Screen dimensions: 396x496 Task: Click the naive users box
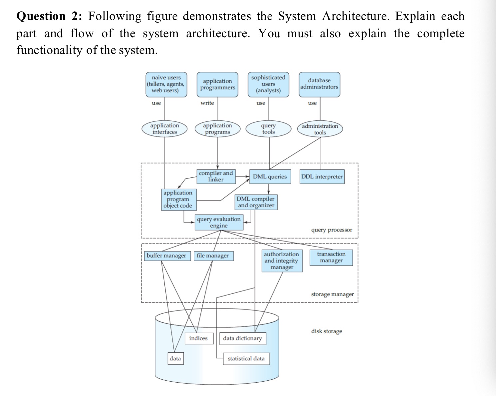[166, 84]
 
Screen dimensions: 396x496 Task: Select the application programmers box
[217, 85]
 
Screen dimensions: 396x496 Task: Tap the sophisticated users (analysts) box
[268, 84]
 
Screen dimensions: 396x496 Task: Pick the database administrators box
[319, 84]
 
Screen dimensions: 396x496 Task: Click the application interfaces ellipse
[164, 129]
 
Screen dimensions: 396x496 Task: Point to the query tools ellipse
[268, 129]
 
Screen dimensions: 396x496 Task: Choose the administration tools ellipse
[320, 129]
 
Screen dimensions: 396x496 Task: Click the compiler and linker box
[216, 176]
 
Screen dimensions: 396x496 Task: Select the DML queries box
[270, 177]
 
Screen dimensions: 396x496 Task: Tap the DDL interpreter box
[322, 177]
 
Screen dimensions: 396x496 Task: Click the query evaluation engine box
[219, 222]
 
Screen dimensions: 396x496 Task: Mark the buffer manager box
[166, 256]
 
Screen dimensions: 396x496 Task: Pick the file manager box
[213, 256]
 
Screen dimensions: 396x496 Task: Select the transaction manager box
[331, 257]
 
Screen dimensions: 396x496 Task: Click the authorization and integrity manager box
[282, 261]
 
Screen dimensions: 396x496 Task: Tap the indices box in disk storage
[198, 338]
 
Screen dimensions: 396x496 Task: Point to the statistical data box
[246, 359]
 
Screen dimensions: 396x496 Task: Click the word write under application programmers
[207, 103]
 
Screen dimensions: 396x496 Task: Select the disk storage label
[327, 331]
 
